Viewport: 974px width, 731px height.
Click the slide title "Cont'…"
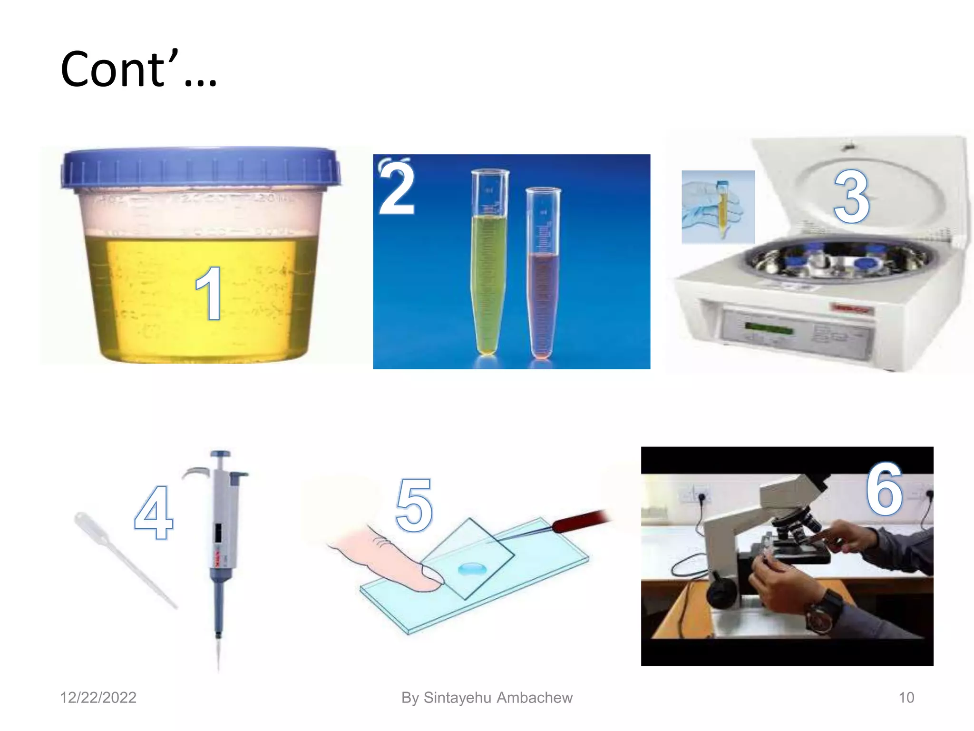tap(139, 69)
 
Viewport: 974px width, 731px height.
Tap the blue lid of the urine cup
tap(200, 168)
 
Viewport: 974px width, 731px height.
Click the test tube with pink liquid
tap(543, 273)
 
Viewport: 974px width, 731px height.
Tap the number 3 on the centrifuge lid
tap(851, 197)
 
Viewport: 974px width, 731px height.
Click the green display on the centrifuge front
tap(769, 328)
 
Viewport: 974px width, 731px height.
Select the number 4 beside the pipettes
tap(154, 512)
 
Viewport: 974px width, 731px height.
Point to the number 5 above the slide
tap(414, 505)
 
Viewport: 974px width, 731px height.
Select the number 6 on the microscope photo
tap(884, 489)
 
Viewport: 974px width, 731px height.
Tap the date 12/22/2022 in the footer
tap(98, 698)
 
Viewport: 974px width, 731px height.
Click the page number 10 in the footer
tap(906, 698)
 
